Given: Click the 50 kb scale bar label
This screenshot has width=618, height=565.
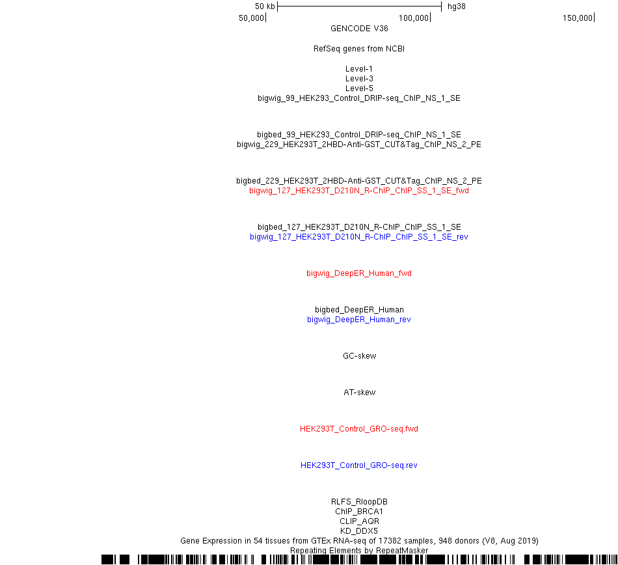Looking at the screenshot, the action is [265, 7].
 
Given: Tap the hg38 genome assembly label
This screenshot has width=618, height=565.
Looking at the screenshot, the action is [457, 7].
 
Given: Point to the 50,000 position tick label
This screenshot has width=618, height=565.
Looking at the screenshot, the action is [251, 18].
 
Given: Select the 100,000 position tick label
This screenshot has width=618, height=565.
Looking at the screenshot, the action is [414, 18].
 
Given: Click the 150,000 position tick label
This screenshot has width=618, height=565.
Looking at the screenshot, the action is [578, 18].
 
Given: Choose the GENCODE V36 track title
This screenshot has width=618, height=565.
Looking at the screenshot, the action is [359, 29].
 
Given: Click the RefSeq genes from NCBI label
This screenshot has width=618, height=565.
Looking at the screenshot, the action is [359, 49].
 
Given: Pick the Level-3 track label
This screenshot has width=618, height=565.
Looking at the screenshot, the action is [359, 79].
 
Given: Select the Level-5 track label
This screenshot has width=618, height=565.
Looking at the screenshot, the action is [359, 89].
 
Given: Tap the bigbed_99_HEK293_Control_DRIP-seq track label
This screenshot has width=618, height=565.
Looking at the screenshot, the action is [359, 135].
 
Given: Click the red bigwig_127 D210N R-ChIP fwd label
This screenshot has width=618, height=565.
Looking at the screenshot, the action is [359, 191].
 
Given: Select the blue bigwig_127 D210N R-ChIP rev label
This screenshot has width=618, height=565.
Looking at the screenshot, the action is [359, 236].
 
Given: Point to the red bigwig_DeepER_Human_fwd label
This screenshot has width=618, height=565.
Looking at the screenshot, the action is [359, 273].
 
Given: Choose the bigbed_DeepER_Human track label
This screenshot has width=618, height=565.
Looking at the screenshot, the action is [359, 309].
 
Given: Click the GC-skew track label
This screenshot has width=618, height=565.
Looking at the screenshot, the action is [360, 355].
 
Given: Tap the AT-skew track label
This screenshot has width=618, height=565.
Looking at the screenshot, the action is [360, 393].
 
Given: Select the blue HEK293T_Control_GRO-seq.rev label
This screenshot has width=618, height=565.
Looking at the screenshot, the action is [359, 465].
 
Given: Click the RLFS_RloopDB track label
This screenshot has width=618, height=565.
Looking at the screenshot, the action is [359, 501].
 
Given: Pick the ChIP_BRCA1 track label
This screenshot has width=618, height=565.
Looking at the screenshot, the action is [359, 512].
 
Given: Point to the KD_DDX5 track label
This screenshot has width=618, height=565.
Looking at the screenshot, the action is [359, 531].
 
